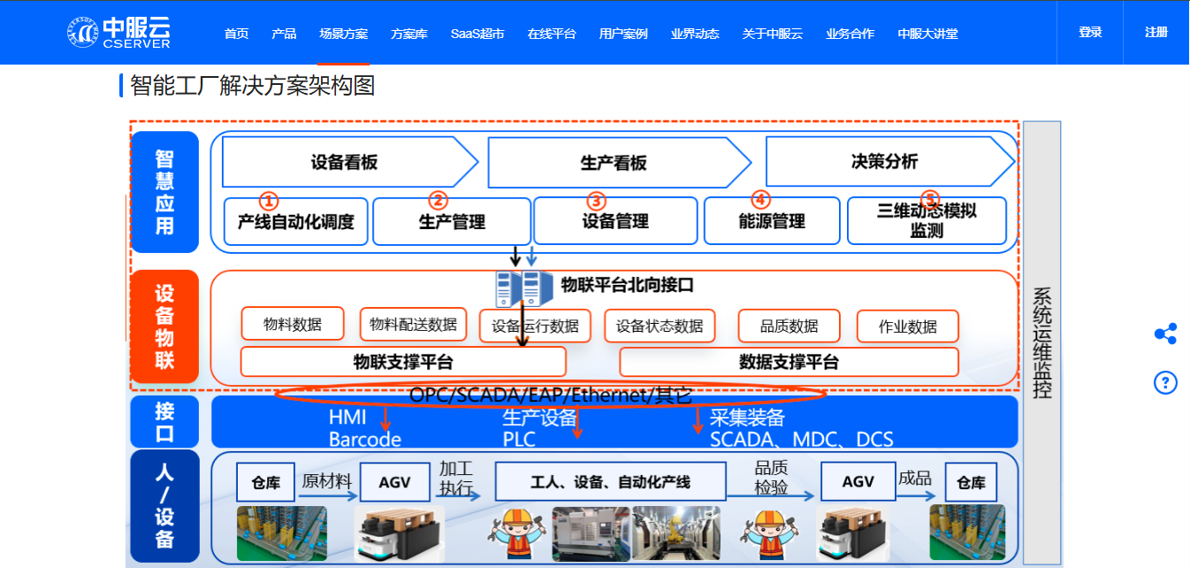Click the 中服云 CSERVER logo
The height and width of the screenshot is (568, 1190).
118,32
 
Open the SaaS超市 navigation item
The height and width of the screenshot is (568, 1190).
477,34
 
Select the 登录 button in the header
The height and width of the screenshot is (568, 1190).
1090,32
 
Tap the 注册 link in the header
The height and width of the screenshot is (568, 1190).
1156,32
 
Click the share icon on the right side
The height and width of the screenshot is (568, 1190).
1165,334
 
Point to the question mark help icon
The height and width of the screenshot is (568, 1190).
1165,382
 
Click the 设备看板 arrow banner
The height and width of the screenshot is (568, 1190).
345,162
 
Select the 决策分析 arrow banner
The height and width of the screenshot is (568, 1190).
884,161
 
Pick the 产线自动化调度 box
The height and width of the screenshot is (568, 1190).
295,221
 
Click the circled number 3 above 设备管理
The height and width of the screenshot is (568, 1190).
596,201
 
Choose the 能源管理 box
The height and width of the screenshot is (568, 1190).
771,221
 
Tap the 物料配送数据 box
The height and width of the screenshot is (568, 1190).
413,325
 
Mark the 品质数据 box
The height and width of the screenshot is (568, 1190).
789,326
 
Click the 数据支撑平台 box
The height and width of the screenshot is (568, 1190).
789,362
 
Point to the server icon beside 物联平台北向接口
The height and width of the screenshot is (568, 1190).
518,288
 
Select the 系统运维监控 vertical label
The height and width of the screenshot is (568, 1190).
1042,342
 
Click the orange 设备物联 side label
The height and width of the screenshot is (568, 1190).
164,326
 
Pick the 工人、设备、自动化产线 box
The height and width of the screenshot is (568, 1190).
610,482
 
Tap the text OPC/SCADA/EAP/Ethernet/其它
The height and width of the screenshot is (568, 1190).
550,395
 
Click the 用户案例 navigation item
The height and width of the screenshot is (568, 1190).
623,34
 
